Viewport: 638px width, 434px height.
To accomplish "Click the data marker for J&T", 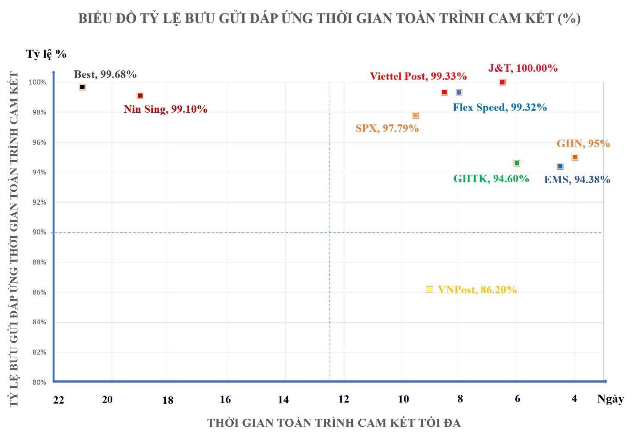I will pyautogui.click(x=502, y=82).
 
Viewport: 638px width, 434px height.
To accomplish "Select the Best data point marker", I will pyautogui.click(x=83, y=87).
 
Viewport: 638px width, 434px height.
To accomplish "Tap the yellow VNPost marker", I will pyautogui.click(x=430, y=289).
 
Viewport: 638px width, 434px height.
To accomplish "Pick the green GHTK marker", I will pyautogui.click(x=517, y=163).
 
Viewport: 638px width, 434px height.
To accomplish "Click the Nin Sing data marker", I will pyautogui.click(x=140, y=96).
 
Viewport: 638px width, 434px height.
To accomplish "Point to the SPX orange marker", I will pyautogui.click(x=416, y=115).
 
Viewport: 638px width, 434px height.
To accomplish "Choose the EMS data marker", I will pyautogui.click(x=560, y=167).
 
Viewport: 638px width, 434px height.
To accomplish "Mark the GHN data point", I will pyautogui.click(x=575, y=158).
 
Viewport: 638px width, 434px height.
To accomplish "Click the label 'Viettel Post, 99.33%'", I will pyautogui.click(x=418, y=76).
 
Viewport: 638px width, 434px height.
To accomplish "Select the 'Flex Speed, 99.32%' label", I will pyautogui.click(x=500, y=108).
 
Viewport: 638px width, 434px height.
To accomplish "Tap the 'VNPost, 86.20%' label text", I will pyautogui.click(x=477, y=290).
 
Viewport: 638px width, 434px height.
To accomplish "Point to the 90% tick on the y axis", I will pyautogui.click(x=39, y=232).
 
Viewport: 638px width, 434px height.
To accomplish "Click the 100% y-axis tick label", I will pyautogui.click(x=38, y=82).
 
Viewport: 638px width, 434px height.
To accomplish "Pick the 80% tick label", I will pyautogui.click(x=39, y=382).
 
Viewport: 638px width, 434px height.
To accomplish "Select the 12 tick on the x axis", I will pyautogui.click(x=343, y=399).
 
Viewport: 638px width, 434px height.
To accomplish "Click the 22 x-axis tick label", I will pyautogui.click(x=59, y=400).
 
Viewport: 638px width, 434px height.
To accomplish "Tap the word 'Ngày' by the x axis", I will pyautogui.click(x=610, y=399).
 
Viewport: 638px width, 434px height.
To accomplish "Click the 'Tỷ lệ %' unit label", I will pyautogui.click(x=46, y=54).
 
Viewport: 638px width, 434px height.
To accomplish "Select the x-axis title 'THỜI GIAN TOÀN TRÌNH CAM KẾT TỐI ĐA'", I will pyautogui.click(x=334, y=423).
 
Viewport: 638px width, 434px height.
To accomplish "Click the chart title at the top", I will pyautogui.click(x=329, y=19).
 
